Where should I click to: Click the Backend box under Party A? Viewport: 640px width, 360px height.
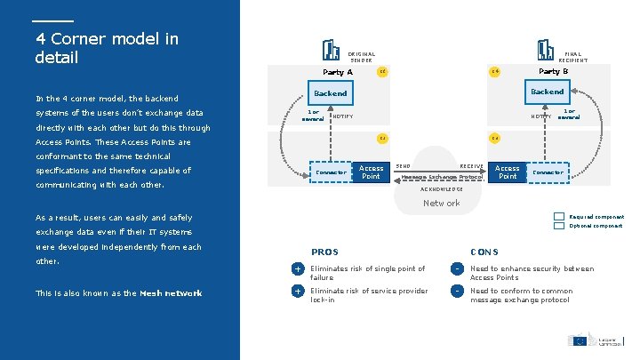click(x=330, y=92)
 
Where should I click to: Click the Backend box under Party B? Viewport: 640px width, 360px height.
click(x=547, y=92)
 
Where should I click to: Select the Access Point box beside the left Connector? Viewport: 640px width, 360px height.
click(x=371, y=172)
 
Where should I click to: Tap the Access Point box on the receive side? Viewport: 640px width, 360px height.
click(x=508, y=172)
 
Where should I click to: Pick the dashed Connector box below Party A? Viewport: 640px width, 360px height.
click(x=331, y=172)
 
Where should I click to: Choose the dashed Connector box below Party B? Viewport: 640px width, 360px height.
click(x=548, y=172)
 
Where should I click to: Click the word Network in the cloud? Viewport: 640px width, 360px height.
click(x=442, y=204)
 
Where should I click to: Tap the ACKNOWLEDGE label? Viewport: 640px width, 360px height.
click(x=441, y=189)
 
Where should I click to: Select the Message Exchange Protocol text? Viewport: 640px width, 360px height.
click(x=442, y=176)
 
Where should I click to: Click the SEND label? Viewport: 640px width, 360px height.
click(x=403, y=166)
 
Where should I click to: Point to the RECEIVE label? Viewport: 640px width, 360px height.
click(x=471, y=166)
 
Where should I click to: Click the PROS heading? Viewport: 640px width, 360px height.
click(x=324, y=252)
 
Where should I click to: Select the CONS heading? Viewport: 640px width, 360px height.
click(x=484, y=252)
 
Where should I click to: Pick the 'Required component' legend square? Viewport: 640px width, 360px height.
click(x=558, y=217)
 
